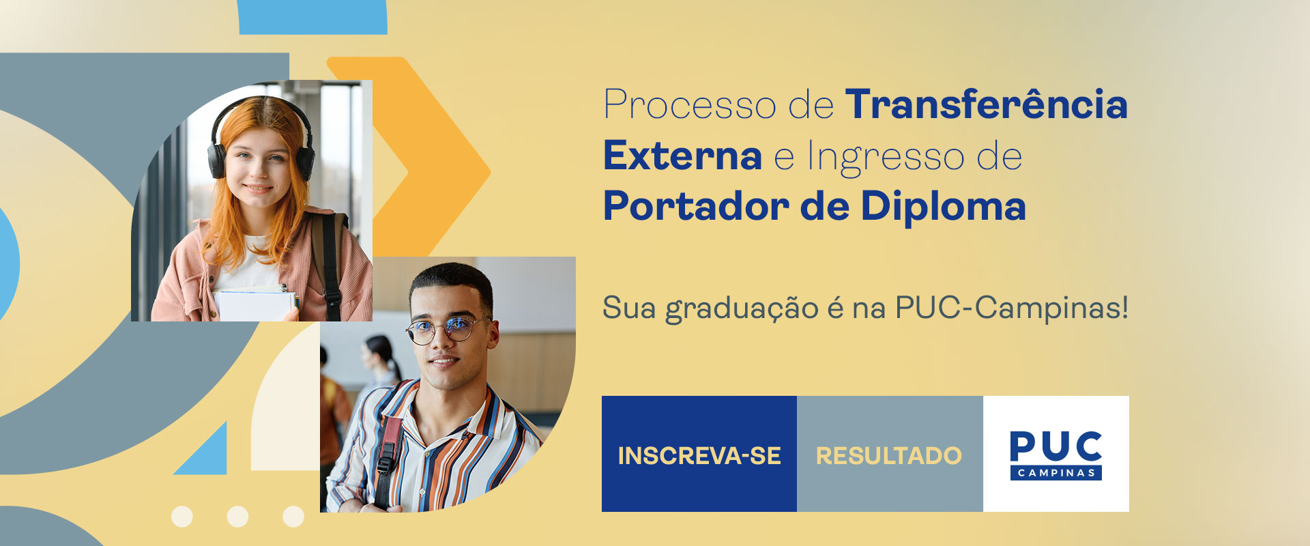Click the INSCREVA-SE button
(699, 454)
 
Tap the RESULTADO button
(890, 454)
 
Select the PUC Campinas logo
(1056, 455)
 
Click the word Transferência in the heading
(987, 104)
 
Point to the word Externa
(682, 156)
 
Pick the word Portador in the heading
(696, 205)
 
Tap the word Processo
(690, 104)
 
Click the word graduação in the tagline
(742, 308)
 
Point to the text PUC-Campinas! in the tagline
(1012, 308)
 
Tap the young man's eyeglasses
(447, 330)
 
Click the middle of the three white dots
(237, 517)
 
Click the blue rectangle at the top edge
(312, 17)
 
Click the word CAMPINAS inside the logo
(1056, 473)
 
